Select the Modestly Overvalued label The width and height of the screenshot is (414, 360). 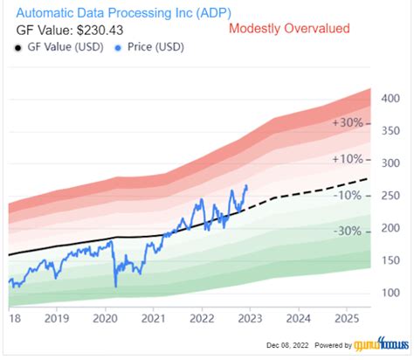click(x=288, y=29)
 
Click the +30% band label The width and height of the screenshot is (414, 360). click(x=348, y=123)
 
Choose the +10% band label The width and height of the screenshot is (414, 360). click(x=348, y=159)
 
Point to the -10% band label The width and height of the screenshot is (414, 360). click(x=348, y=195)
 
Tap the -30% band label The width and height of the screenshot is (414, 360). click(x=348, y=232)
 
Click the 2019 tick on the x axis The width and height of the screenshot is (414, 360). click(x=58, y=321)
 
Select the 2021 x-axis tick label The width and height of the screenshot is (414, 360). click(x=154, y=321)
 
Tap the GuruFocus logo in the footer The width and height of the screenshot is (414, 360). click(x=376, y=346)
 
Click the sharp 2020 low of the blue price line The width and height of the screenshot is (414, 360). click(x=115, y=287)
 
